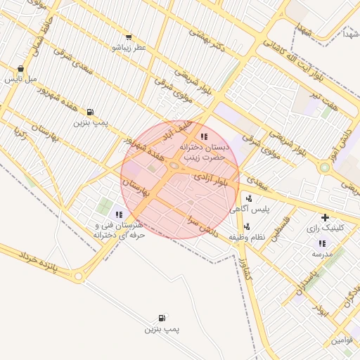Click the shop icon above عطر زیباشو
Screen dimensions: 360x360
128,37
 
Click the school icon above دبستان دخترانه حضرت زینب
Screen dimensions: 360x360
204,136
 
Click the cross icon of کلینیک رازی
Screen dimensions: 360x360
325,217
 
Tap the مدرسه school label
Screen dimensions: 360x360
323,253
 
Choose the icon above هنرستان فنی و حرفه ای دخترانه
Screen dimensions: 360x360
119,214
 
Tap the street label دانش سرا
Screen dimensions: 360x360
205,224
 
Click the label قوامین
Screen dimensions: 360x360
343,340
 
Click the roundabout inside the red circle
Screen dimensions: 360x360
174,166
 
